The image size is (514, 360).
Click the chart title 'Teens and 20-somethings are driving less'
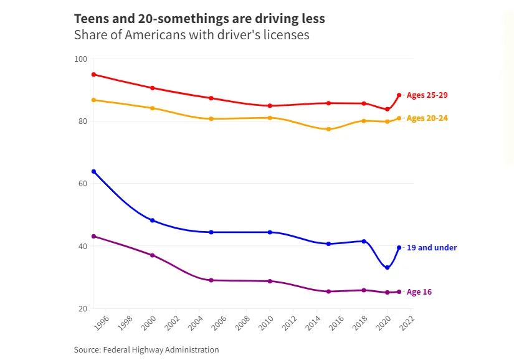pyautogui.click(x=199, y=19)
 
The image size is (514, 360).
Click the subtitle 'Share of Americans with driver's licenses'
pyautogui.click(x=191, y=35)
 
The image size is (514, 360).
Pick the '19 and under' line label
pyautogui.click(x=431, y=248)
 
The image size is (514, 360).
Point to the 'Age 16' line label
pyautogui.click(x=419, y=292)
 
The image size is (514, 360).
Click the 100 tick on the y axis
pyautogui.click(x=80, y=59)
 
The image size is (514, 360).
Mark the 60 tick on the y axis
pyautogui.click(x=82, y=184)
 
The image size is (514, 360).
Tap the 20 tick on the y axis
pyautogui.click(x=82, y=308)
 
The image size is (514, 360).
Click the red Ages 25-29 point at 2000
pyautogui.click(x=152, y=88)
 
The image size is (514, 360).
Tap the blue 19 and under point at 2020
pyautogui.click(x=388, y=268)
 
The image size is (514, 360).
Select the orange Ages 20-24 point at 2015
pyautogui.click(x=328, y=129)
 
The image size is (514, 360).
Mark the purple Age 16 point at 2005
pyautogui.click(x=211, y=280)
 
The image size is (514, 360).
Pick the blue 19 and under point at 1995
pyautogui.click(x=93, y=171)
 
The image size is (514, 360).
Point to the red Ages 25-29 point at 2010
pyautogui.click(x=270, y=106)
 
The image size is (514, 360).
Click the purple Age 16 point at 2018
pyautogui.click(x=364, y=290)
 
